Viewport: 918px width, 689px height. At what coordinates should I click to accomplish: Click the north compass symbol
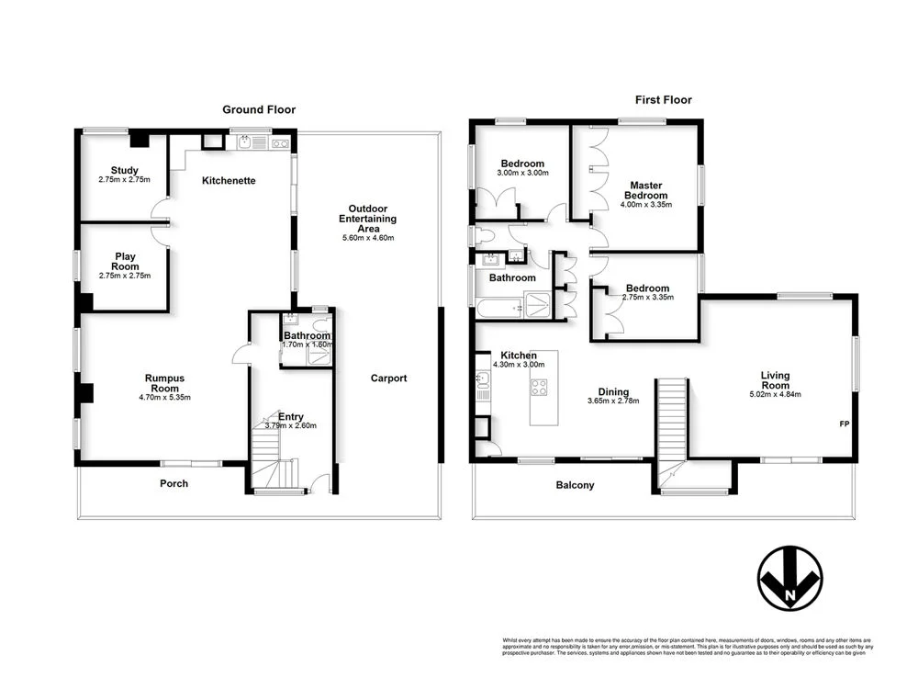coord(789,581)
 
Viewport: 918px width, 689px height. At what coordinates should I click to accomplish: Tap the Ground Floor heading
coord(259,109)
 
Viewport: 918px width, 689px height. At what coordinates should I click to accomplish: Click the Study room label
coord(124,171)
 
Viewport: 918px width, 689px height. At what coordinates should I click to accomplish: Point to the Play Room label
coord(125,262)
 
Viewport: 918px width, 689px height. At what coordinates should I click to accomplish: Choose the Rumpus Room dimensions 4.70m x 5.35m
coord(164,397)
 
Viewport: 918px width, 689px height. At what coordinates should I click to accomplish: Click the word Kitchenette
coord(229,180)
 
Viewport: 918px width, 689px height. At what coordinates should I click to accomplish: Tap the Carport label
coord(388,378)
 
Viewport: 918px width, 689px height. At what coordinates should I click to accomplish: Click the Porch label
coord(174,483)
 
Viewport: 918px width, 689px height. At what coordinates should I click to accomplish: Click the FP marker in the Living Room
coord(845,424)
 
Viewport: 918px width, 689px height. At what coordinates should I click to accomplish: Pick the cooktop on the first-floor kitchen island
coord(539,388)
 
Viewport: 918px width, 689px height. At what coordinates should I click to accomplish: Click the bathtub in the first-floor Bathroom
coord(497,308)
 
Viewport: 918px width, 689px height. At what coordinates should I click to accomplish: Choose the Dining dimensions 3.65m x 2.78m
coord(612,401)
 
